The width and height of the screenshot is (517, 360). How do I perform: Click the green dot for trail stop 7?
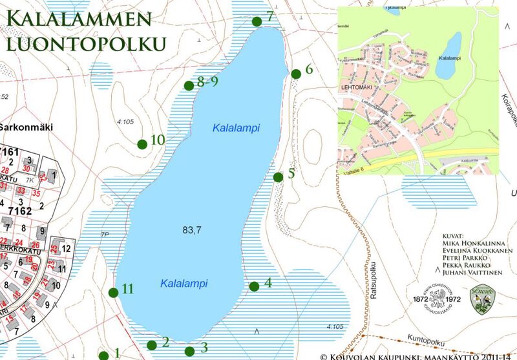(257, 21)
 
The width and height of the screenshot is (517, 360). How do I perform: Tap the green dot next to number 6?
(296, 73)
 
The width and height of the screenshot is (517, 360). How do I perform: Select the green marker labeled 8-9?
(189, 85)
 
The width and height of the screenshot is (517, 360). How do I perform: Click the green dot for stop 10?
(142, 143)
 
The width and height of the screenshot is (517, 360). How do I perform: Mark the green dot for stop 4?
(254, 286)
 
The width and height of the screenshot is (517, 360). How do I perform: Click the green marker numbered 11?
(114, 292)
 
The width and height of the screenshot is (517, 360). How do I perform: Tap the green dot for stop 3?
(189, 351)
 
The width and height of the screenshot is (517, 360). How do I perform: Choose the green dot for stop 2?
(152, 345)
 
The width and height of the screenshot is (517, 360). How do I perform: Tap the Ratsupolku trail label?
(375, 275)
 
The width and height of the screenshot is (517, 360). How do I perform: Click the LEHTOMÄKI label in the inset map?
(357, 85)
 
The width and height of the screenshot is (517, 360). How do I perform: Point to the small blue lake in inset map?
(448, 57)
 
